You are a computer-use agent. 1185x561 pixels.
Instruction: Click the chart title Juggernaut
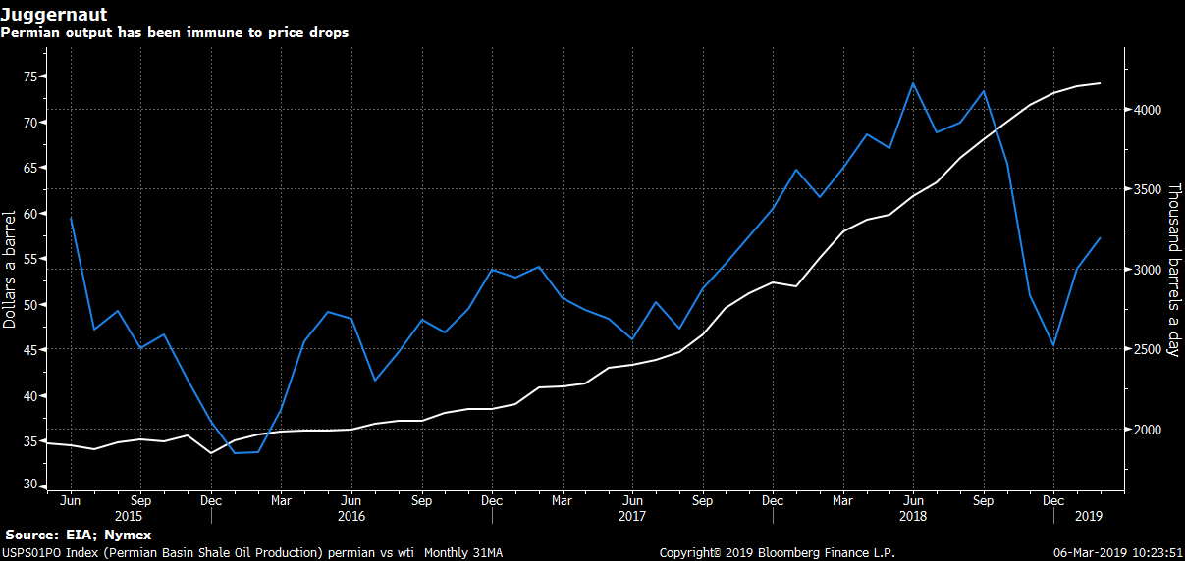click(54, 14)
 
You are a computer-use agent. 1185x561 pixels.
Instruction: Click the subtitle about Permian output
click(175, 32)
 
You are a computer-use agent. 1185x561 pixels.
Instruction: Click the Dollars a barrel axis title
click(10, 269)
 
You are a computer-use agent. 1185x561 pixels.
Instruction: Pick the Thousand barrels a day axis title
click(1172, 269)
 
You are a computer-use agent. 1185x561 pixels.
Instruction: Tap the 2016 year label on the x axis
click(351, 515)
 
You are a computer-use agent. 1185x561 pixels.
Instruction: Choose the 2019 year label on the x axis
click(1089, 515)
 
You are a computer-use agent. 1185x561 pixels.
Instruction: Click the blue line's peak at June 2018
click(913, 83)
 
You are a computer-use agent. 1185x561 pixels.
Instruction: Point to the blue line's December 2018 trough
click(1053, 345)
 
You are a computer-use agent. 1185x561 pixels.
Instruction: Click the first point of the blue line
click(71, 218)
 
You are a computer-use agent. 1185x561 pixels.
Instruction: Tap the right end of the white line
click(1099, 83)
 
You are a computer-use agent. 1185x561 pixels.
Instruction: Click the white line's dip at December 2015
click(210, 452)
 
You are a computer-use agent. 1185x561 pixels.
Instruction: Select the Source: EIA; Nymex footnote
click(79, 535)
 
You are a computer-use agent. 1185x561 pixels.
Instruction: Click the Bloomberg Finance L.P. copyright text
click(777, 553)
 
